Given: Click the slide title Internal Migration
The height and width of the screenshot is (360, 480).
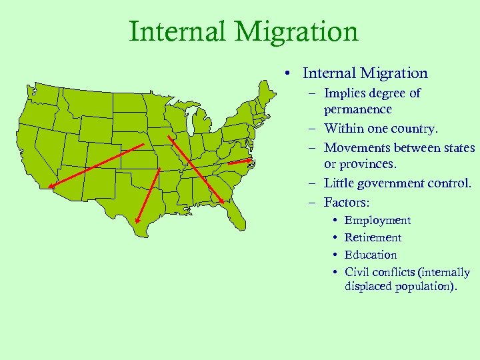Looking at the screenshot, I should pos(243,31).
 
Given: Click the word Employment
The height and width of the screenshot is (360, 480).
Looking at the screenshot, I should pos(377,221).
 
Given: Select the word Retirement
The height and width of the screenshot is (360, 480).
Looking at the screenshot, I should pos(373,238).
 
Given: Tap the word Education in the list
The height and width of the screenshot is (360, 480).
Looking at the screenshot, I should pos(371,255).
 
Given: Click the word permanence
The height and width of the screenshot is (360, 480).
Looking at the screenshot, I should pos(358,109).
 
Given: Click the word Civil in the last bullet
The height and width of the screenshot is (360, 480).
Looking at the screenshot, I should pos(357,273).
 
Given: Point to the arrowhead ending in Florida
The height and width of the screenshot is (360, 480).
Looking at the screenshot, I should pos(221,200).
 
